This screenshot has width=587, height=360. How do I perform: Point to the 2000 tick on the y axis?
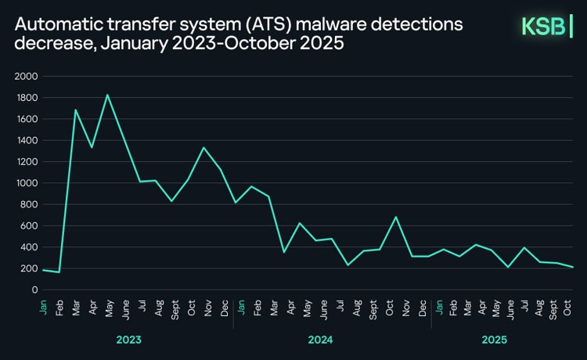[26, 77]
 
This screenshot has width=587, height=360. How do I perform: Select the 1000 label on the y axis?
[26, 183]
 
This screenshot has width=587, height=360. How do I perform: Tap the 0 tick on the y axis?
[34, 290]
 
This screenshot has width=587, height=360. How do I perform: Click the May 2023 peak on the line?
[107, 95]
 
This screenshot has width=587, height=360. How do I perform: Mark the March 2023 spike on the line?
[75, 110]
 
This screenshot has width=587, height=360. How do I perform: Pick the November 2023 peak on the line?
[204, 148]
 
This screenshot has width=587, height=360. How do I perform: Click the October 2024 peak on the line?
[397, 217]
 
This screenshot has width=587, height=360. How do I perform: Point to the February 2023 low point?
[59, 272]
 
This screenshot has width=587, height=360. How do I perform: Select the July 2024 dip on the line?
[348, 265]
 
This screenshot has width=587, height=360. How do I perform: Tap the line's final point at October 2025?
[574, 267]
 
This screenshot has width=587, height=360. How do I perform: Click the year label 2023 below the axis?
[128, 340]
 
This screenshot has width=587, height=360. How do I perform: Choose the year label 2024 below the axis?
[321, 340]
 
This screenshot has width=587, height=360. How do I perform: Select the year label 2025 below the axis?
[494, 340]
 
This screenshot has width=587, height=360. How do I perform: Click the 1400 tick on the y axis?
[26, 141]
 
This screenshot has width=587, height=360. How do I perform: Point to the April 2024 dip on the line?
[284, 252]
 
